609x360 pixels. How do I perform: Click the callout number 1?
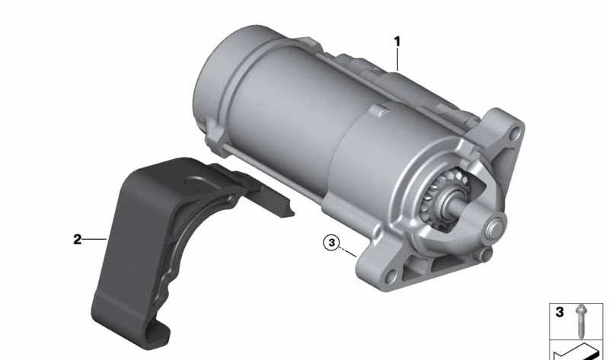pyautogui.click(x=397, y=40)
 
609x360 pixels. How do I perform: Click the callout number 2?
pyautogui.click(x=77, y=240)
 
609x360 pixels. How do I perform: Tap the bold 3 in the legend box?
pyautogui.click(x=560, y=311)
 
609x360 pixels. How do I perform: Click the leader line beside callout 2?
pyautogui.click(x=94, y=240)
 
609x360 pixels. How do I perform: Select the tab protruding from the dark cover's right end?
pyautogui.click(x=283, y=205)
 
